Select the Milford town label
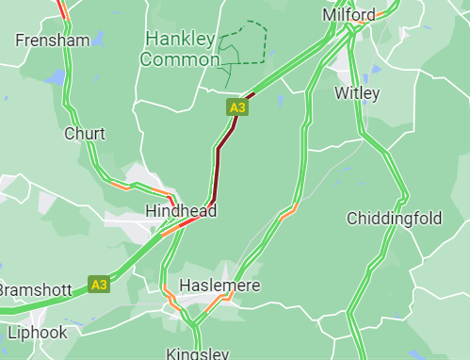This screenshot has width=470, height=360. [348, 15]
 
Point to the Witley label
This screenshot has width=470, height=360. [357, 93]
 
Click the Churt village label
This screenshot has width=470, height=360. [84, 134]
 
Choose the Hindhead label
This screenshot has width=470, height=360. [181, 211]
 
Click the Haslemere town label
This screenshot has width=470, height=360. [219, 285]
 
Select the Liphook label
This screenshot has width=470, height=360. [38, 333]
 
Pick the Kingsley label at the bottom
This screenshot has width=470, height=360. [197, 353]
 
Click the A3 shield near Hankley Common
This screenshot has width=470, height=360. [237, 108]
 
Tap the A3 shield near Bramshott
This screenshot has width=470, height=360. [99, 284]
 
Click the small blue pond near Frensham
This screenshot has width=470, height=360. [59, 74]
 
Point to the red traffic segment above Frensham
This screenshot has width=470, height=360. [61, 9]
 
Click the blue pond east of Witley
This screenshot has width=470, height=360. [377, 69]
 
